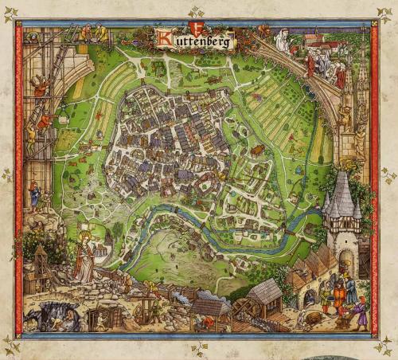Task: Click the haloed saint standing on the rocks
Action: [x=84, y=259]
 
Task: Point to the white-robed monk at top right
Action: [x=283, y=41]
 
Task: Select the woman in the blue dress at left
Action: [x=34, y=194]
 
